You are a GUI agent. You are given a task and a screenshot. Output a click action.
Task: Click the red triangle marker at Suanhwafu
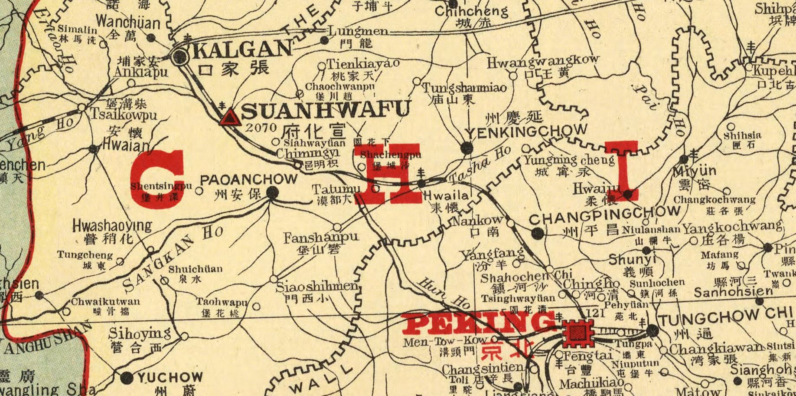coord(230,118)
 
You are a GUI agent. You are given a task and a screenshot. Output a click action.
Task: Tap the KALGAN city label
coord(242,49)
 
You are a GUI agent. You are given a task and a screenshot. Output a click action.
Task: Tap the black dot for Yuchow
coord(126,377)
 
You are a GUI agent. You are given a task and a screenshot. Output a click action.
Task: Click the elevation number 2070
coord(261,128)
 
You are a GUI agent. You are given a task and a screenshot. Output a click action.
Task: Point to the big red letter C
coord(158,179)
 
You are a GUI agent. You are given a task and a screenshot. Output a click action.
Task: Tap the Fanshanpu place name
coord(321,238)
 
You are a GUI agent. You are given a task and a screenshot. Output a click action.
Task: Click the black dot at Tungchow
coord(652,331)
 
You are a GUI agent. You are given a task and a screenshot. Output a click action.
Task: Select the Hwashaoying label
coord(112,226)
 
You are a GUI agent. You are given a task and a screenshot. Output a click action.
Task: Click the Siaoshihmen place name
coord(317,287)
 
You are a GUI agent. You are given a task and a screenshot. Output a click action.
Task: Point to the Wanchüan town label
coord(128,22)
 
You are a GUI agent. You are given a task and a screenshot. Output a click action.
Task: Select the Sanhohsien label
coord(733,292)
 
